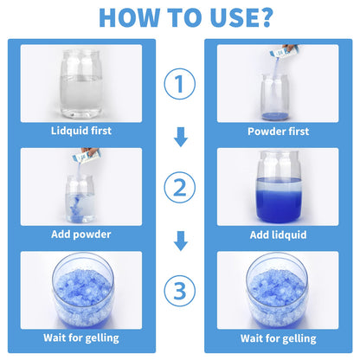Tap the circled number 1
(180, 85)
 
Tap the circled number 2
(180, 189)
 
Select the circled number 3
(180, 291)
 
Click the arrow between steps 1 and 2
(180, 137)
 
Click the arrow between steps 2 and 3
(180, 240)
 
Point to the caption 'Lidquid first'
(80, 131)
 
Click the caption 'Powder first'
(277, 131)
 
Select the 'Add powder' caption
(80, 234)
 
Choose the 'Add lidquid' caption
(277, 234)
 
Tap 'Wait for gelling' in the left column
(80, 337)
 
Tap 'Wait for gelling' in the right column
(277, 337)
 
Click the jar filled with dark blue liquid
(277, 187)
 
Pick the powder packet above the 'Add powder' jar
(87, 157)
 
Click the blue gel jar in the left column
(80, 289)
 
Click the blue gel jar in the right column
(277, 289)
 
